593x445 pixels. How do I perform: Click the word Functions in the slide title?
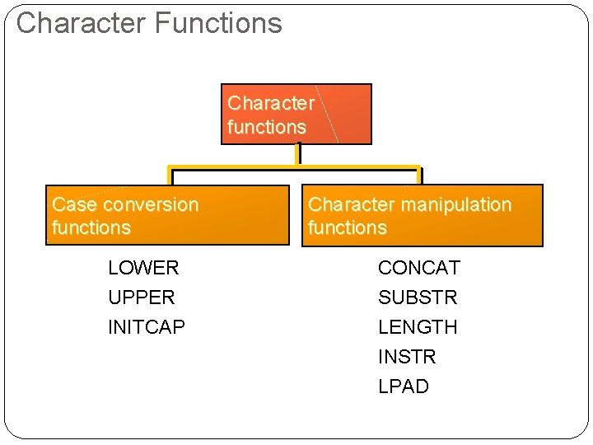click(x=218, y=23)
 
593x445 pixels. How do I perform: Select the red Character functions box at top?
click(x=296, y=115)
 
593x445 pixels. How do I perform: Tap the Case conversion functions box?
click(x=168, y=215)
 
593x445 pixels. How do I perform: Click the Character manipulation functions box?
click(x=423, y=215)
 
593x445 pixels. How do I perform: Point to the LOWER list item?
click(x=143, y=268)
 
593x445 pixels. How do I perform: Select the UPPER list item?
click(x=142, y=297)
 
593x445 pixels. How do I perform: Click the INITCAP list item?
click(x=147, y=327)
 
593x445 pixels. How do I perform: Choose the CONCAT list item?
click(x=419, y=268)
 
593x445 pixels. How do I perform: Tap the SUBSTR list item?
click(x=418, y=297)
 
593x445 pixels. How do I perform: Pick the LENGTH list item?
click(x=418, y=327)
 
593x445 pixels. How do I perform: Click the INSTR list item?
click(x=407, y=357)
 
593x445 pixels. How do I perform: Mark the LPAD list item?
click(x=404, y=386)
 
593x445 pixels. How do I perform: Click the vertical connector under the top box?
click(x=297, y=155)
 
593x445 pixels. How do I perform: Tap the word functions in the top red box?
click(x=267, y=127)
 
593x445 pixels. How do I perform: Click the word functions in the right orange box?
click(x=348, y=227)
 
